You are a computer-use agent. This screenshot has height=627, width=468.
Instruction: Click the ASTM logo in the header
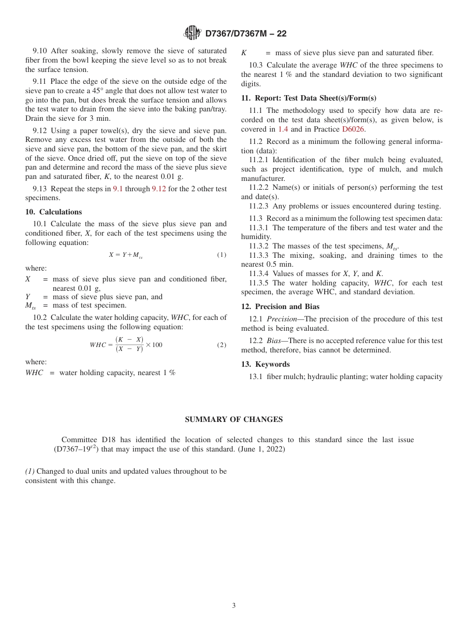point(192,33)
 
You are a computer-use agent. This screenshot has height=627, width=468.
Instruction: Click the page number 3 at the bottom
point(234,606)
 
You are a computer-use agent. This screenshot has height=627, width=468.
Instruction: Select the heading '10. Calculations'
point(54,212)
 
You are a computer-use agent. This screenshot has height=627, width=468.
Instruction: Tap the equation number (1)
point(222,255)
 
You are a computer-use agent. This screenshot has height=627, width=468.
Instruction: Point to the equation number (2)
point(222,345)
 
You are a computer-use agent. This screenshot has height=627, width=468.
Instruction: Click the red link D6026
point(353,129)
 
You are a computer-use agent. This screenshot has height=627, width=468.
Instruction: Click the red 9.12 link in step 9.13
point(159,188)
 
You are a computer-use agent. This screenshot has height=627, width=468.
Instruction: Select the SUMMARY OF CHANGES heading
point(234,419)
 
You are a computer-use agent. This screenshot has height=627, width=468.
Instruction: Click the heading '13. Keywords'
point(265,364)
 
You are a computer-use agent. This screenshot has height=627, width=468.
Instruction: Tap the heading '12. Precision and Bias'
point(280,307)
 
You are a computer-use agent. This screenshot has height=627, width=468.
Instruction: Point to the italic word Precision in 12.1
point(282,319)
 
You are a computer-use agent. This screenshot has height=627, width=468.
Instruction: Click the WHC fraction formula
point(126,345)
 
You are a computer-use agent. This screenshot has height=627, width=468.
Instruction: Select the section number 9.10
point(40,51)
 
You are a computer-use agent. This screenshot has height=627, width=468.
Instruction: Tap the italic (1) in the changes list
point(30,471)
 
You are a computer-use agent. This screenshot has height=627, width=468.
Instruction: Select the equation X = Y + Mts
point(126,255)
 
